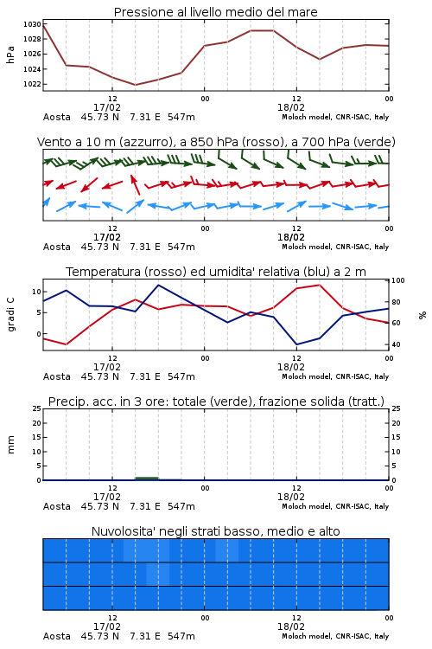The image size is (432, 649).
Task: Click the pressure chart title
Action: coord(215,12)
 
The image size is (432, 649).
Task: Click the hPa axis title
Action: coord(10,55)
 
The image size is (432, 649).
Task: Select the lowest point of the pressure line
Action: coord(135,85)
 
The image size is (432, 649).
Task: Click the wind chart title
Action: coord(216,142)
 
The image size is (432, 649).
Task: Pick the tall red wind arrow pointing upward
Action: coord(135,184)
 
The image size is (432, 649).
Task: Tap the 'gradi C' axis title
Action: coord(11,315)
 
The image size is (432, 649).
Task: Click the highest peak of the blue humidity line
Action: coord(159,285)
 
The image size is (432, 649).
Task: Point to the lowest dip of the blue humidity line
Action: coord(296,344)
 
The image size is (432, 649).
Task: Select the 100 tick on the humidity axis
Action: coord(398,280)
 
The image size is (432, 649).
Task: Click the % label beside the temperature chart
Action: coord(422,315)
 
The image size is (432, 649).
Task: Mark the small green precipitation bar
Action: coord(147,479)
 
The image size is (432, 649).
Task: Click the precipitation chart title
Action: coord(216,402)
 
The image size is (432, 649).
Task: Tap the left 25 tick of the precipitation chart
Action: coord(37,408)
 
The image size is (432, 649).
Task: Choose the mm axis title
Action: coord(10,445)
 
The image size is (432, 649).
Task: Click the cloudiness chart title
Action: coord(215,531)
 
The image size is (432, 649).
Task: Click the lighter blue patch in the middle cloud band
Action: coord(158,574)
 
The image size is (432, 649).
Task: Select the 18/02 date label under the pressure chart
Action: coord(291,107)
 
